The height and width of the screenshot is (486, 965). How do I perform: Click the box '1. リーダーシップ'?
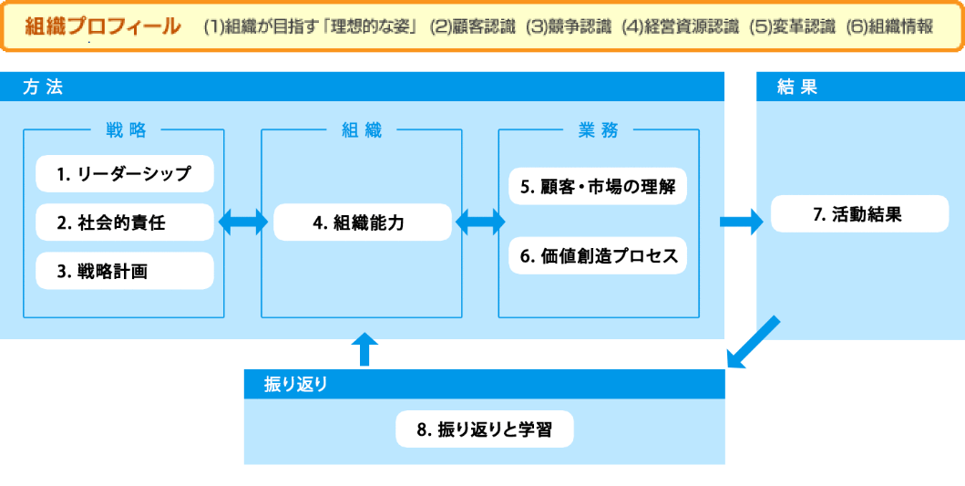click(x=124, y=174)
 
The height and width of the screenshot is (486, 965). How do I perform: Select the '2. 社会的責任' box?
click(x=124, y=222)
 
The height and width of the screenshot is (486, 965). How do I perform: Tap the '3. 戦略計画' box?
click(x=124, y=271)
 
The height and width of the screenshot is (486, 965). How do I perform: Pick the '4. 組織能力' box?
click(x=363, y=222)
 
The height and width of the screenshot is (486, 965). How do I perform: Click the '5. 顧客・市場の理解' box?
click(x=598, y=186)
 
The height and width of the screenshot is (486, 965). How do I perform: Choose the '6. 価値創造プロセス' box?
click(x=598, y=255)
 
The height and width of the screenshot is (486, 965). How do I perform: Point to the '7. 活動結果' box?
click(x=860, y=213)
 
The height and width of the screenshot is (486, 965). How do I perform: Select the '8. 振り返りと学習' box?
click(x=485, y=429)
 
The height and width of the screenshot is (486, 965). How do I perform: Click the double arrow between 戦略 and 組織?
click(x=243, y=222)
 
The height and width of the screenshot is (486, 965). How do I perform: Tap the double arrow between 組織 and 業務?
click(x=479, y=222)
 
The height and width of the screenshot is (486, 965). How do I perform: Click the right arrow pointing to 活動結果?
click(x=741, y=222)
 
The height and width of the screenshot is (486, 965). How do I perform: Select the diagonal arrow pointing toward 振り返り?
click(x=754, y=343)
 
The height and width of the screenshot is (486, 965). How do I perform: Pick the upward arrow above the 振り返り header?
click(x=364, y=350)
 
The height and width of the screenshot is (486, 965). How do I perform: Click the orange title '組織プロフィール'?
click(x=103, y=26)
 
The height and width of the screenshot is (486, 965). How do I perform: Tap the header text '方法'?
click(x=43, y=88)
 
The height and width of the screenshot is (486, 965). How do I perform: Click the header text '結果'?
click(x=797, y=88)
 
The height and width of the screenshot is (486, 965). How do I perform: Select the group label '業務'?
click(x=598, y=130)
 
